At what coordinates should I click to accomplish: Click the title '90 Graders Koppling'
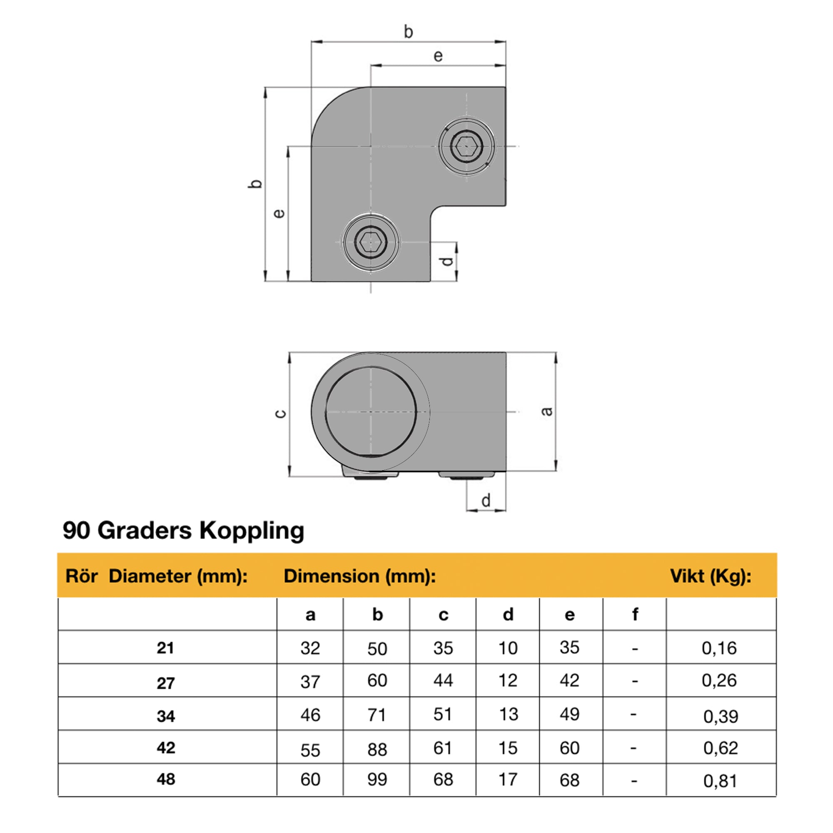click(x=183, y=531)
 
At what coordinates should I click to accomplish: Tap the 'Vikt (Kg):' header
click(x=711, y=576)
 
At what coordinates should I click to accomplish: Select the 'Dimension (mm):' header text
click(x=359, y=576)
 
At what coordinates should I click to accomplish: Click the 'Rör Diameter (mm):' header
click(x=157, y=576)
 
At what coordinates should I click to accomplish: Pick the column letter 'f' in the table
click(x=635, y=614)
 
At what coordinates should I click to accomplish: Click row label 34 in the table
click(x=166, y=716)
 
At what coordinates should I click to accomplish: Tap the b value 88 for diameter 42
click(x=377, y=750)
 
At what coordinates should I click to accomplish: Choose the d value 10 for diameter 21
click(x=508, y=648)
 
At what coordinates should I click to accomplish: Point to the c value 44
click(x=443, y=681)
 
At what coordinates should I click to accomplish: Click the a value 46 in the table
click(x=310, y=715)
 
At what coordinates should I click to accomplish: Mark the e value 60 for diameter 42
click(x=569, y=748)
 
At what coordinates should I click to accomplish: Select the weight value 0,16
click(x=719, y=648)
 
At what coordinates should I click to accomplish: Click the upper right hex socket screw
click(x=466, y=147)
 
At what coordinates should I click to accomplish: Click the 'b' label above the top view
click(x=408, y=32)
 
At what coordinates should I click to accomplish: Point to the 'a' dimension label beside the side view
click(x=547, y=412)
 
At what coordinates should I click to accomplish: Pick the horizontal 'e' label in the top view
click(x=438, y=56)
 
